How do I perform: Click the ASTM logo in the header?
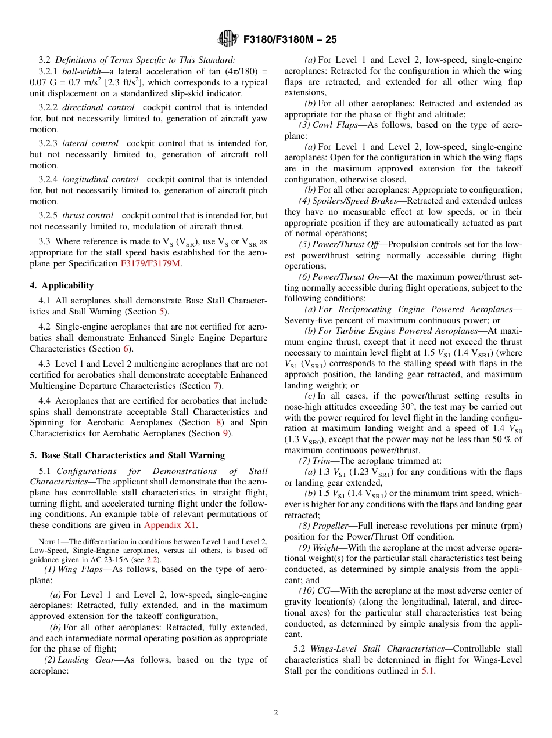tap(227, 39)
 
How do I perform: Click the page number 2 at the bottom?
tap(276, 712)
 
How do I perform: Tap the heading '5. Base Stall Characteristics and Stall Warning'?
tap(127, 455)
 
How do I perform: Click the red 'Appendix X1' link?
tap(170, 526)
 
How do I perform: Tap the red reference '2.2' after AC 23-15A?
tap(152, 559)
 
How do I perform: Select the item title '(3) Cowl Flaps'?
tap(329, 125)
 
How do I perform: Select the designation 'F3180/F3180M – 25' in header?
tap(290, 40)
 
